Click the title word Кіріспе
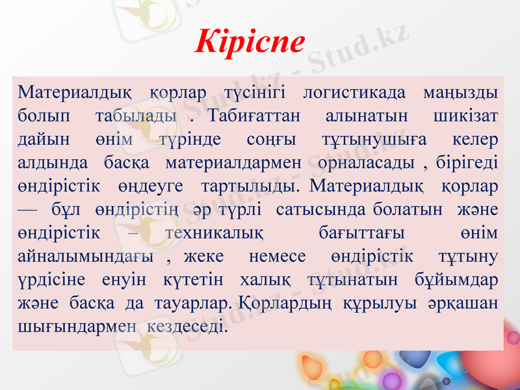click(250, 41)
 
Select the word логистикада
click(354, 94)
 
